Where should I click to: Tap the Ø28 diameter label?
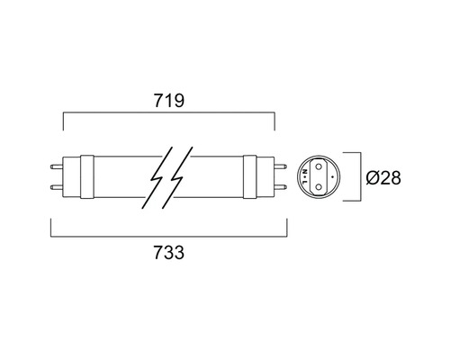point(382,177)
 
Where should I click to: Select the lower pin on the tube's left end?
point(58,189)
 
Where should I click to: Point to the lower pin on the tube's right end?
point(281,189)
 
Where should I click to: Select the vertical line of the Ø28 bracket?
point(362,176)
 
